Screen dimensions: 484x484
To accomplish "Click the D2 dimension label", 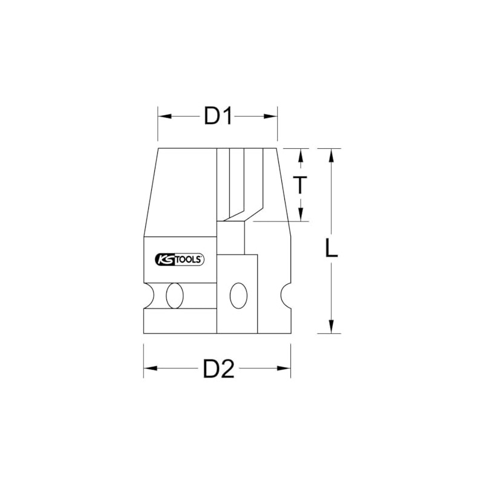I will pos(218,369).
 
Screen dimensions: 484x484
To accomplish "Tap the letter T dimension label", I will pos(300,185).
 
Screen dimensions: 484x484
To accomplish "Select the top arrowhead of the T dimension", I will pos(300,153).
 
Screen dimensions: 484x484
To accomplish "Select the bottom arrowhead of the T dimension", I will pos(300,216).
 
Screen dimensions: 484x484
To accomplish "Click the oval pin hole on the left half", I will pos(176,295).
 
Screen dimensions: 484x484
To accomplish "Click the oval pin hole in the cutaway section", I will pos(238,295).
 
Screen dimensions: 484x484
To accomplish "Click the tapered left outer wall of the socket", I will pos(151,191).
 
